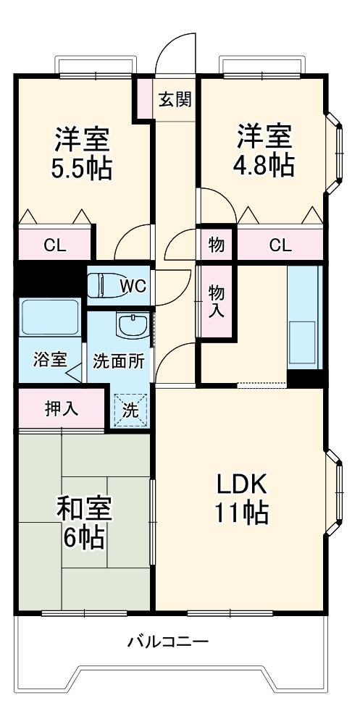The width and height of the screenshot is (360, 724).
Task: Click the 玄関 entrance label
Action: (x=175, y=98)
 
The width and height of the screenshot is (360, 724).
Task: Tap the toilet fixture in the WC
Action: (x=101, y=285)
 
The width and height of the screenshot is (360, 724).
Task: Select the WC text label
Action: (x=133, y=286)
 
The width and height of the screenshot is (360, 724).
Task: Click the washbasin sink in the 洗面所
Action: (x=134, y=326)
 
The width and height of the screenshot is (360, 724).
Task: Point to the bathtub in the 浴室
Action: (x=49, y=317)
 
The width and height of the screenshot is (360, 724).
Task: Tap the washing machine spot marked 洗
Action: (x=131, y=410)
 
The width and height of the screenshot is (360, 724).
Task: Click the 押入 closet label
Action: (x=62, y=408)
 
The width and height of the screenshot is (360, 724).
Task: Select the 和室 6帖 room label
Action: (x=83, y=523)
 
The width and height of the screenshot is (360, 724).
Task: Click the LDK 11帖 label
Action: (x=240, y=498)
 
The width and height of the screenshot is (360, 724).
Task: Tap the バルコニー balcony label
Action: (x=168, y=641)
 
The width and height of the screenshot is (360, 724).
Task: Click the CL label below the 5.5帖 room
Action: (x=55, y=245)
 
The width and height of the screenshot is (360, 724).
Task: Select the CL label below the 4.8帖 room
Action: (x=280, y=245)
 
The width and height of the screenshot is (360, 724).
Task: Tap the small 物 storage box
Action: (x=217, y=244)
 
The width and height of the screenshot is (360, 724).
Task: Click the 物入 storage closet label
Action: (x=217, y=301)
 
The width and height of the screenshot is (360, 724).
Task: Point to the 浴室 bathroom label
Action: (x=51, y=360)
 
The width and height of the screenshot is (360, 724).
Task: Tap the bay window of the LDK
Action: (x=335, y=493)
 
